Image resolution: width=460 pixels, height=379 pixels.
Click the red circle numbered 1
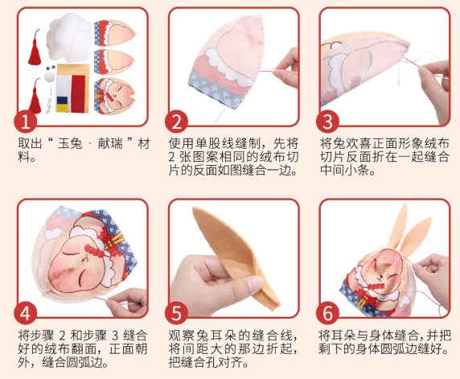(x=27, y=122)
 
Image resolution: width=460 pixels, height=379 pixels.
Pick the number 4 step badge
(x=27, y=312)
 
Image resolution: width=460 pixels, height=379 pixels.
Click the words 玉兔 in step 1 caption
(x=64, y=142)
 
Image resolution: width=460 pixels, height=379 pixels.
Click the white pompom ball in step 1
(x=49, y=79)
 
